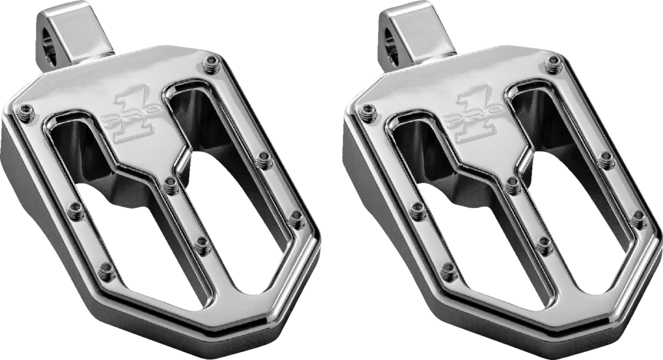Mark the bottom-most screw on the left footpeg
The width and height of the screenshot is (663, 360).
106,269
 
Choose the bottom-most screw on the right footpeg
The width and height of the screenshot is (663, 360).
449,269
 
